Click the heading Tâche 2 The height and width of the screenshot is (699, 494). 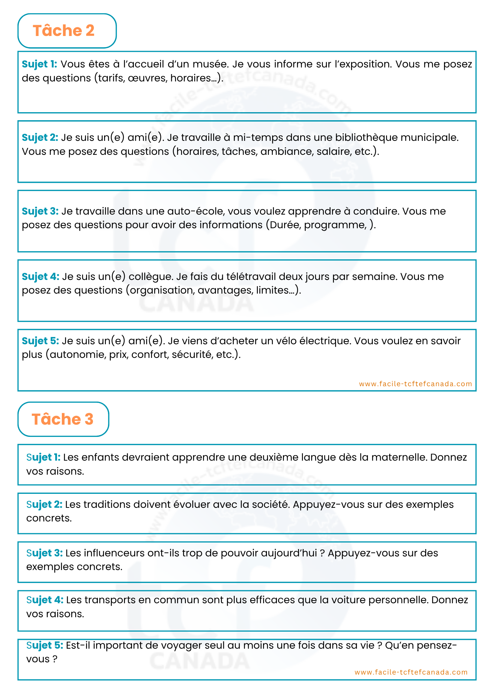tap(64, 31)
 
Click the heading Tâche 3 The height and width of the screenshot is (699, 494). tap(63, 419)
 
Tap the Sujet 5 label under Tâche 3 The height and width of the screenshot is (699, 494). tap(45, 645)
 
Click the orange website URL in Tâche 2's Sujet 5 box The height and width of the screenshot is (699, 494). tap(415, 384)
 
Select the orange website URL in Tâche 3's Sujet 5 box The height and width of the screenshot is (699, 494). tap(411, 672)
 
